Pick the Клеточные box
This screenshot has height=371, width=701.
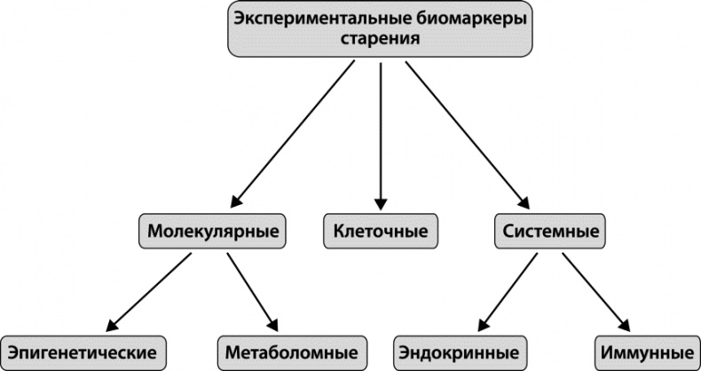tap(381, 232)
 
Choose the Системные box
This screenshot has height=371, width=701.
tap(547, 232)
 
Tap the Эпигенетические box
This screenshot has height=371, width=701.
tap(83, 349)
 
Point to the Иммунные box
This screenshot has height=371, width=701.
tap(645, 349)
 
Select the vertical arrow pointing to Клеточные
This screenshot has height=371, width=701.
tap(381, 133)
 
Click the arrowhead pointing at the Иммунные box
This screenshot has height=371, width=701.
tap(624, 324)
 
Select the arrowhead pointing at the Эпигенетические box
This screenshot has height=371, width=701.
tap(110, 324)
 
